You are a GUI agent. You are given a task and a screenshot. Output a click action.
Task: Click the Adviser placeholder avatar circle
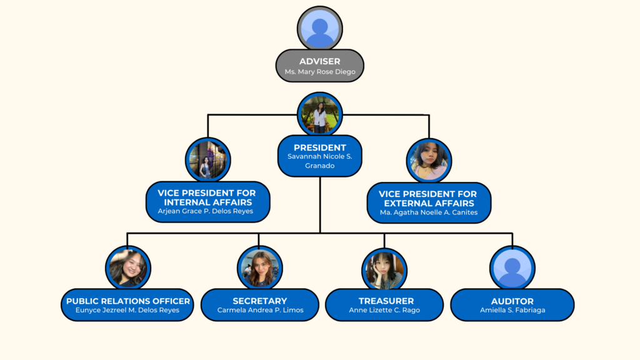pyautogui.click(x=320, y=29)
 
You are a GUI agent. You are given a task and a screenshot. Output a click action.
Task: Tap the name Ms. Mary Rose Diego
pyautogui.click(x=320, y=72)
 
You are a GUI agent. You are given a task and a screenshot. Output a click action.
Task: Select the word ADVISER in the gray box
pyautogui.click(x=320, y=61)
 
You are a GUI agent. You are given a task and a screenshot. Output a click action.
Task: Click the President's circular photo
pyautogui.click(x=320, y=114)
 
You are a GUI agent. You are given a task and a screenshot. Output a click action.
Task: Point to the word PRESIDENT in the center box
pyautogui.click(x=320, y=147)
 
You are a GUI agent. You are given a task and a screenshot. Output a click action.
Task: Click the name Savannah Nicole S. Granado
pyautogui.click(x=320, y=161)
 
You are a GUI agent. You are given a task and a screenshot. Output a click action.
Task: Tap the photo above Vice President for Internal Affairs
pyautogui.click(x=208, y=160)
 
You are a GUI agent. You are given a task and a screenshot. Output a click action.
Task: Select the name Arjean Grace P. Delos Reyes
pyautogui.click(x=208, y=211)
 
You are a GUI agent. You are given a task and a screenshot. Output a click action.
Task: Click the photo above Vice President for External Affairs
pyautogui.click(x=429, y=161)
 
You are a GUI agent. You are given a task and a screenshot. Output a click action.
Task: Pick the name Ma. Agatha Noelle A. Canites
pyautogui.click(x=429, y=212)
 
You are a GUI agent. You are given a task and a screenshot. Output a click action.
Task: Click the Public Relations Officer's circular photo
pyautogui.click(x=128, y=268)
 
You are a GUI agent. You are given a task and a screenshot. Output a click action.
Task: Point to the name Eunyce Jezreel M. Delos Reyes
pyautogui.click(x=127, y=310)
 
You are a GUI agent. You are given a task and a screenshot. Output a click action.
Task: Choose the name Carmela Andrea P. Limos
pyautogui.click(x=260, y=310)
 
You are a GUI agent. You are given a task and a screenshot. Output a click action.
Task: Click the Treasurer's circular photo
pyautogui.click(x=384, y=269)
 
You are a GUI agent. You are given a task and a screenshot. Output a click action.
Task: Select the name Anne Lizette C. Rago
pyautogui.click(x=384, y=310)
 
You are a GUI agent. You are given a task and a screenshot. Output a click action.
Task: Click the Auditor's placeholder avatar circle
pyautogui.click(x=512, y=268)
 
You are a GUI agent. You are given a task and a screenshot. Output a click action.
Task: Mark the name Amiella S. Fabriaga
pyautogui.click(x=512, y=310)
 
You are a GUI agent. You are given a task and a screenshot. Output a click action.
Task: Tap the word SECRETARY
pyautogui.click(x=260, y=301)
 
